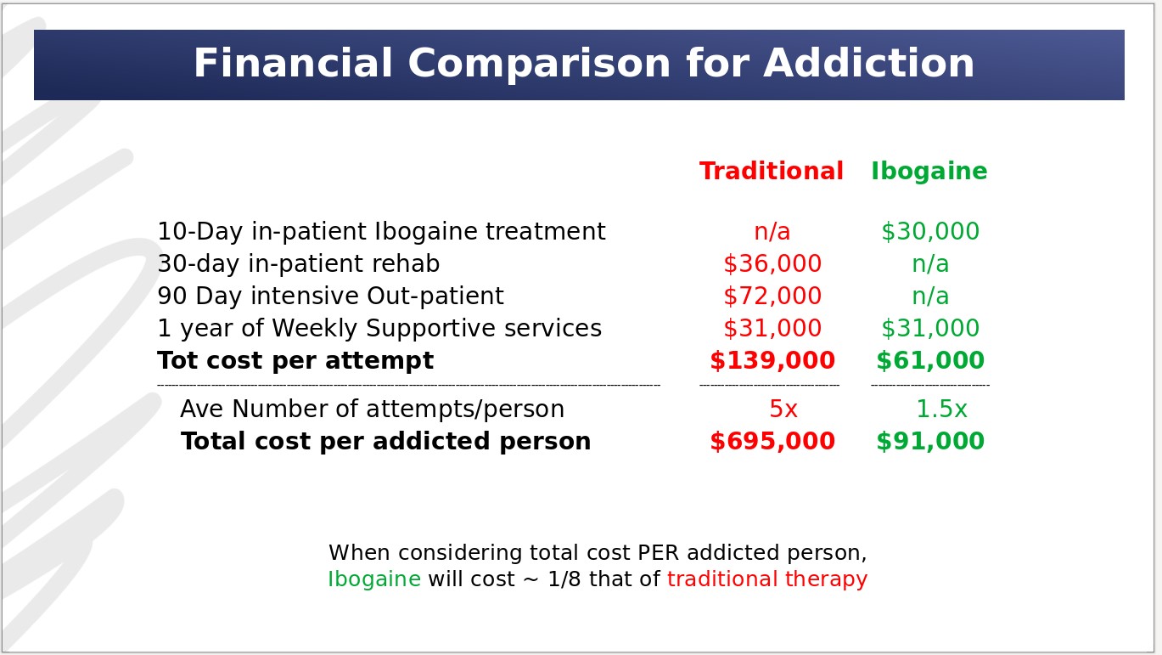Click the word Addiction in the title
[x=869, y=64]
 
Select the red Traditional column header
[x=772, y=171]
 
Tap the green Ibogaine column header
[x=929, y=171]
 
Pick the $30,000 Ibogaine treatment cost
[x=930, y=231]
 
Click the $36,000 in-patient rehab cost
[x=772, y=263]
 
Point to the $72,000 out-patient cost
[x=772, y=296]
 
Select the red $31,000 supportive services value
[x=772, y=328]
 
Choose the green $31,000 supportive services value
[x=930, y=328]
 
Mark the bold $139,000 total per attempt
[x=772, y=360]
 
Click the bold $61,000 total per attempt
[x=930, y=360]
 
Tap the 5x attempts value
[x=783, y=409]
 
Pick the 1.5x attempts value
[x=941, y=409]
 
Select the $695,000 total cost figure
[x=772, y=441]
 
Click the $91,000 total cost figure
[x=930, y=441]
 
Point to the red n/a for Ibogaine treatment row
[x=772, y=231]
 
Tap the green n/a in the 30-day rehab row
[x=930, y=263]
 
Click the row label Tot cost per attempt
[x=295, y=361]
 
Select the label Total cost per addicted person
[x=385, y=441]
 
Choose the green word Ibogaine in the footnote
[x=374, y=579]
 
